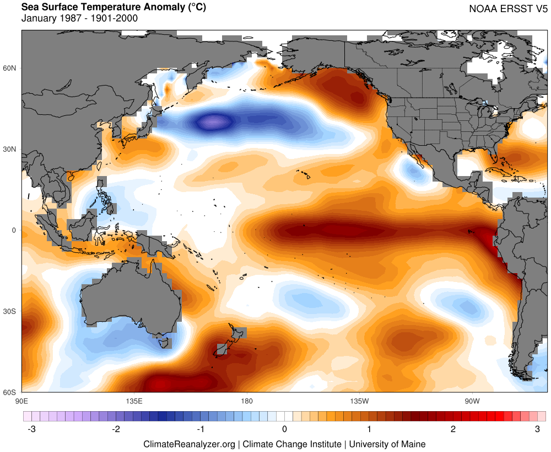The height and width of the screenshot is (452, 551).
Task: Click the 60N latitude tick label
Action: pos(10,68)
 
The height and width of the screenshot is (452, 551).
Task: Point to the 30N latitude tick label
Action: pos(10,149)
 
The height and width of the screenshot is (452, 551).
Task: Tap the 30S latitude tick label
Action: pos(10,311)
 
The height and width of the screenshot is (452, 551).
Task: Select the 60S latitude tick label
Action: pos(10,392)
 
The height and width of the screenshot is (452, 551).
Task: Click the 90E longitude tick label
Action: pos(21,400)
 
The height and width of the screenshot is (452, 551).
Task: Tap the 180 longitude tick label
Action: pos(246,400)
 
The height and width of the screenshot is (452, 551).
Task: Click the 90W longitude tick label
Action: pos(472,400)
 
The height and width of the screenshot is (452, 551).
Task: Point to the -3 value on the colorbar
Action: pos(31,429)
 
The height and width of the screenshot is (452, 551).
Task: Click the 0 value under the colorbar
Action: pos(284,429)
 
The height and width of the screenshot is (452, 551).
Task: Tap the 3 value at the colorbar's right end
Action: pos(537,429)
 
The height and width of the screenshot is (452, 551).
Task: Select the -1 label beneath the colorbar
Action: pos(200,429)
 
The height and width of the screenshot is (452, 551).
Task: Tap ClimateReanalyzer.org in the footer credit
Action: pos(189,444)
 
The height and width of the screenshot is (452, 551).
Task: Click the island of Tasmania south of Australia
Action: pos(164,343)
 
